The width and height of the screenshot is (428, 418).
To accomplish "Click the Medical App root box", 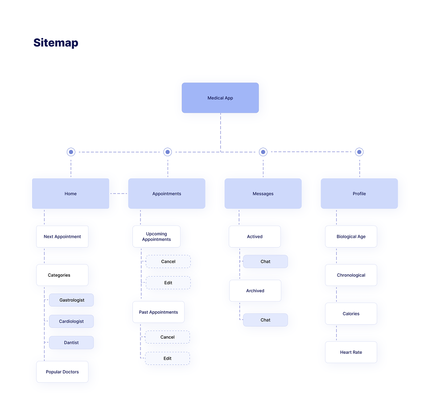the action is click(x=220, y=98).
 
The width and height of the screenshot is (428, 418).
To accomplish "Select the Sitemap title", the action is click(x=56, y=43).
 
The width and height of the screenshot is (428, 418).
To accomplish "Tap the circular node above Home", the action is click(x=71, y=152).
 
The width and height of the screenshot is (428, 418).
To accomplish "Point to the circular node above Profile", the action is click(x=359, y=152).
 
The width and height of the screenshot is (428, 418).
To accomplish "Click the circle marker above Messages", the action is click(x=263, y=152).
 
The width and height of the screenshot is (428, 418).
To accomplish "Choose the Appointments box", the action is click(x=167, y=194).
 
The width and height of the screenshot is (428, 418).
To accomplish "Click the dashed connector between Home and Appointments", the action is click(x=119, y=194).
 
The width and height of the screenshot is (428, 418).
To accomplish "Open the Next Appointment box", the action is click(x=62, y=236).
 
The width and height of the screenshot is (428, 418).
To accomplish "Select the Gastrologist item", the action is click(x=71, y=300).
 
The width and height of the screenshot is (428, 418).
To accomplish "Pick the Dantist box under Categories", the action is click(x=71, y=343).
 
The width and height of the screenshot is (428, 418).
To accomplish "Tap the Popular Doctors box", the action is click(x=62, y=372).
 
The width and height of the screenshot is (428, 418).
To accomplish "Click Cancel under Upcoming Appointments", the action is click(x=168, y=261).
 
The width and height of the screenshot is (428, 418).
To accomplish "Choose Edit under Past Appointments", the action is click(x=168, y=358).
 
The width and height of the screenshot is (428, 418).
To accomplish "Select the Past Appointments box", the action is click(x=158, y=312).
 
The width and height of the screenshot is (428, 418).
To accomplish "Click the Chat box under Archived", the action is click(x=265, y=320).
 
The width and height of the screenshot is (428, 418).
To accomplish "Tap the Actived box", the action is click(x=255, y=236).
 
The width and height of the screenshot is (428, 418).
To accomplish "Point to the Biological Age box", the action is click(x=351, y=236).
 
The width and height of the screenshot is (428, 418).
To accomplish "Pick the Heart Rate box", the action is click(x=351, y=352).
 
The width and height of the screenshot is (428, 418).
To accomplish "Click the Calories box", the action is click(x=351, y=314).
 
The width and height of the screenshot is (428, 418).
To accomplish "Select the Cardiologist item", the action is click(x=71, y=321).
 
